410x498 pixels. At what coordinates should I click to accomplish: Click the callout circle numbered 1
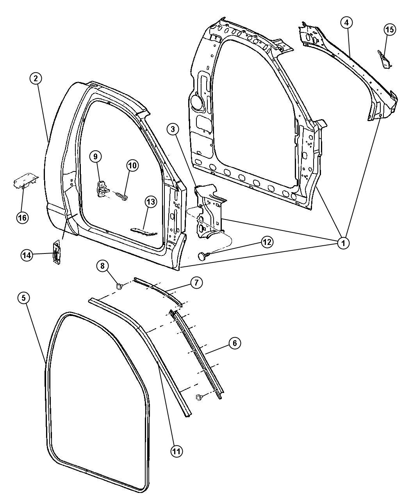[x=344, y=243]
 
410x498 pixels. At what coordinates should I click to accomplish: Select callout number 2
[x=36, y=79]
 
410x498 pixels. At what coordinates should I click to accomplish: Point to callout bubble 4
[x=347, y=23]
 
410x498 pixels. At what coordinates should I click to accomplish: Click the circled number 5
[x=23, y=298]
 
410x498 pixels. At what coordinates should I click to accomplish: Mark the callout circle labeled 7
[x=196, y=283]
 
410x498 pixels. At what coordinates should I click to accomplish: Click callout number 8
[x=103, y=266]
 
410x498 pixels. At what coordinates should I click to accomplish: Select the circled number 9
[x=95, y=157]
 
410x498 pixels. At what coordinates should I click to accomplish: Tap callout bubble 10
[x=132, y=165]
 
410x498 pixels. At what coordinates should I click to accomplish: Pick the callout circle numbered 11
[x=176, y=451]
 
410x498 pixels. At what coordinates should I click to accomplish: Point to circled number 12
[x=267, y=242]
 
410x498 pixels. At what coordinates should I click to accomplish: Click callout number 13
[x=151, y=202]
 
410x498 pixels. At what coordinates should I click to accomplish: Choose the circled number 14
[x=27, y=255]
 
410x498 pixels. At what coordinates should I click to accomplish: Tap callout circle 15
[x=389, y=30]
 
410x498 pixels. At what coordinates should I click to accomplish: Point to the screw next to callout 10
[x=121, y=197]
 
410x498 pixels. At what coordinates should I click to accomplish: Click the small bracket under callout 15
[x=385, y=59]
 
